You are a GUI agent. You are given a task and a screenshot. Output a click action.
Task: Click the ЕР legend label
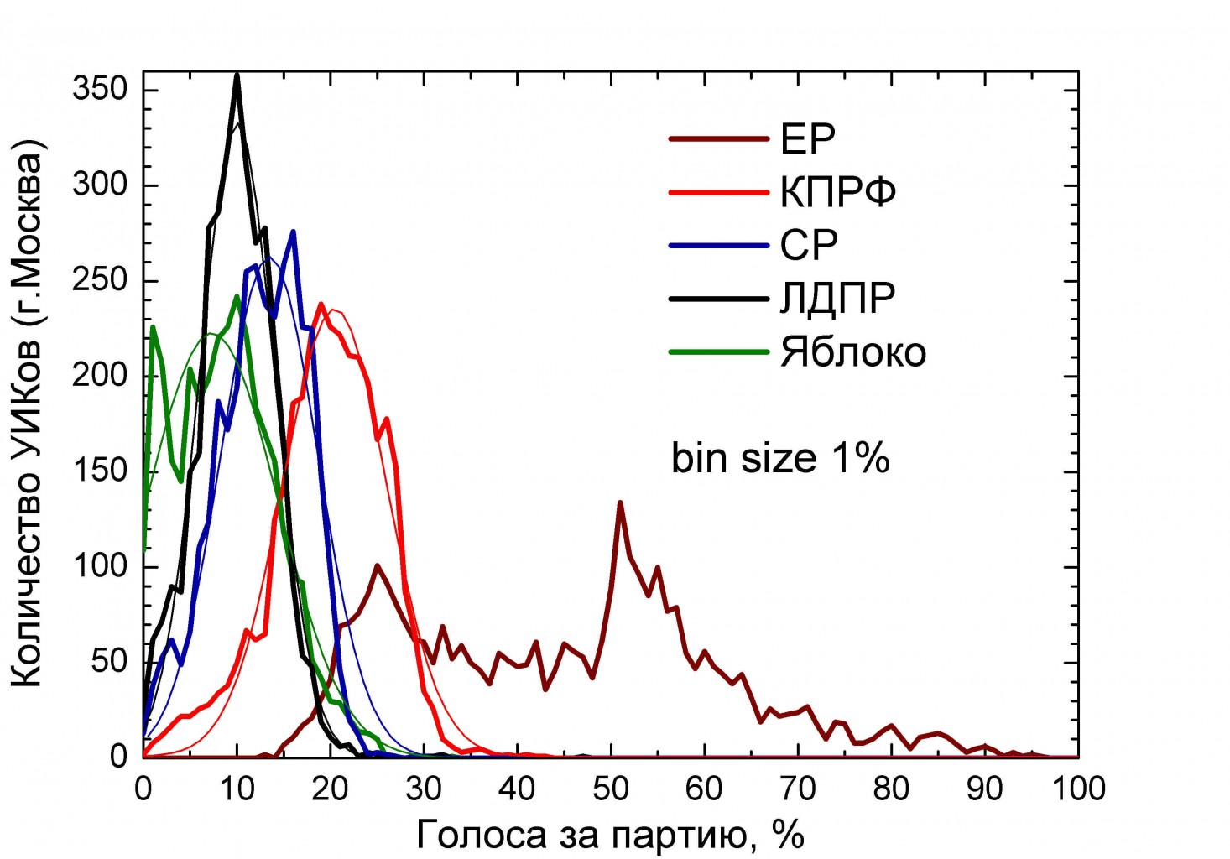[x=807, y=139]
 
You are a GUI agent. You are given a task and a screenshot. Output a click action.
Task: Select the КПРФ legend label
[x=837, y=192]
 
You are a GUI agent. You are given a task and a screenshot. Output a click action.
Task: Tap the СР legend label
[x=809, y=245]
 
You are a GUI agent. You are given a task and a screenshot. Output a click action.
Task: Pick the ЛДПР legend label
[x=837, y=299]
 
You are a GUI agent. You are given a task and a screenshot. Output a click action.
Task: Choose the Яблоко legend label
[x=852, y=352]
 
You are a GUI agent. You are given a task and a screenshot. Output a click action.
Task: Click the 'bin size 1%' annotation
[x=779, y=459]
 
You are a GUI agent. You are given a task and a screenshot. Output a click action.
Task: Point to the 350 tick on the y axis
[x=99, y=89]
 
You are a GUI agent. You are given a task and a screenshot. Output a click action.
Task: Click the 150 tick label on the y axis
[x=99, y=471]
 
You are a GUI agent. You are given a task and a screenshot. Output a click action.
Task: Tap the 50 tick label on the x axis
[x=610, y=789]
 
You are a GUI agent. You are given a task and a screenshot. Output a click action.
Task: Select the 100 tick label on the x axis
[x=1076, y=789]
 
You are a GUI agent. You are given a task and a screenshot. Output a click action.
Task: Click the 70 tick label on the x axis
[x=797, y=789]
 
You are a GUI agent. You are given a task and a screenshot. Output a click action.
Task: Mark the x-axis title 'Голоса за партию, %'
[x=610, y=835]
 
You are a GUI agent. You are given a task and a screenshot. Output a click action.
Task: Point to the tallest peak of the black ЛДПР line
[x=237, y=75]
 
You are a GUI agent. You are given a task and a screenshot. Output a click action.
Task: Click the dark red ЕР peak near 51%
[x=620, y=502]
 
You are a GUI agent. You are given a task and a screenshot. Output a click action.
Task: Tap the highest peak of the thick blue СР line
[x=293, y=232]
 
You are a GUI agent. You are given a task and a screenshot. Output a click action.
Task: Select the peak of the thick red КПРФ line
[x=321, y=304]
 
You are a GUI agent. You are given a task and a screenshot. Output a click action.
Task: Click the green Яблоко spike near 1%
[x=153, y=327]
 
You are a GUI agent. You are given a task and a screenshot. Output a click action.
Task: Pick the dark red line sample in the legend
[x=718, y=139]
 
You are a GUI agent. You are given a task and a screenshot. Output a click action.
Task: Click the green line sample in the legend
[x=718, y=352]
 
